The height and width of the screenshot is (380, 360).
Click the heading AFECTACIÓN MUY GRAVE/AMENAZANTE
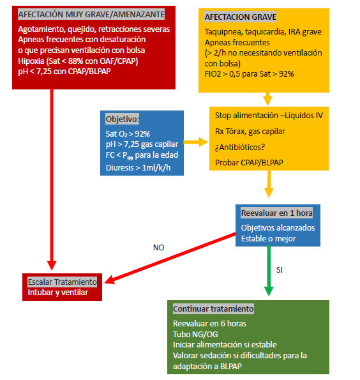coord(91,14)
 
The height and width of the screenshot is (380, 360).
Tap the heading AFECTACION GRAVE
coord(241,17)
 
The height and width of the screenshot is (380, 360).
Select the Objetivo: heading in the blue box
coord(123,119)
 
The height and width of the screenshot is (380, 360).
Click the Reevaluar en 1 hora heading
coord(276,213)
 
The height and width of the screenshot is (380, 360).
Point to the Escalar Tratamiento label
coord(63,282)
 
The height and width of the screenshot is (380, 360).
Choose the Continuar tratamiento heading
coord(213,308)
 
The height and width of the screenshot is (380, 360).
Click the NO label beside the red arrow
coord(159,247)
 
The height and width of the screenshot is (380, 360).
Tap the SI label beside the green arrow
coord(280,270)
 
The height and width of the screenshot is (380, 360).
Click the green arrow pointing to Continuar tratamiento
coord(269,271)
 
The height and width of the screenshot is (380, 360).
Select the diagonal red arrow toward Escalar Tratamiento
coord(170,259)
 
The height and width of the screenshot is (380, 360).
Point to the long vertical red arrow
coord(52,179)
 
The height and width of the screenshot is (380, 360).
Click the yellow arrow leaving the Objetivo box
coord(196,142)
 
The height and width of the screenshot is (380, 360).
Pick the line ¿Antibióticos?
coord(240,147)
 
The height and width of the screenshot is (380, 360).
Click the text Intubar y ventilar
coord(57,293)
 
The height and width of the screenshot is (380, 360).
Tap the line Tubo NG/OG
coord(195,334)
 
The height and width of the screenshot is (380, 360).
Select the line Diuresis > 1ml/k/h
coord(138,167)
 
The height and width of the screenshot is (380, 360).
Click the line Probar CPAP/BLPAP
coord(249,162)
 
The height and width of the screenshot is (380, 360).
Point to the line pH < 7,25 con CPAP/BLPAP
coord(64,72)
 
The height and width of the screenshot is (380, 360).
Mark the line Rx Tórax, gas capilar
coord(250,132)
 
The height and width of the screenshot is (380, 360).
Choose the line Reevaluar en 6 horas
coord(209,324)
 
